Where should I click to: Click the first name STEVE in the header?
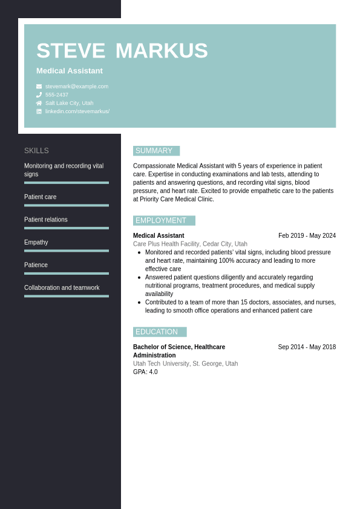70,51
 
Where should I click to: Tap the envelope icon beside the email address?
39,87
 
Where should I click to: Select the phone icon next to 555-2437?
39,95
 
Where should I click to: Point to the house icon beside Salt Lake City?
39,103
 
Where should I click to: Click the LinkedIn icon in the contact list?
39,111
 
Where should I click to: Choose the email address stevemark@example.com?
77,87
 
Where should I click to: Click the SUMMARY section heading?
154,151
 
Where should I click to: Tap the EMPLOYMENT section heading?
162,220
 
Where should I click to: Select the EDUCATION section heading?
157,332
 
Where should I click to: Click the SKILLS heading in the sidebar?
36,151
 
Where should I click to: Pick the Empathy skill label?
36,242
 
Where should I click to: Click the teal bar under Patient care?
67,205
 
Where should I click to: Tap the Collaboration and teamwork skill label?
62,287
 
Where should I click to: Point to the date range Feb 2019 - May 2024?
307,235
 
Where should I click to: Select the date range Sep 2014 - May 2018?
307,347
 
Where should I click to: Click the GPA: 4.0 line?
145,372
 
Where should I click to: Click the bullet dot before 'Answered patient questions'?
139,277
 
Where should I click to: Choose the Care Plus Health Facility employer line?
190,244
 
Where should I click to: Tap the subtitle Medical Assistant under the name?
70,71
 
